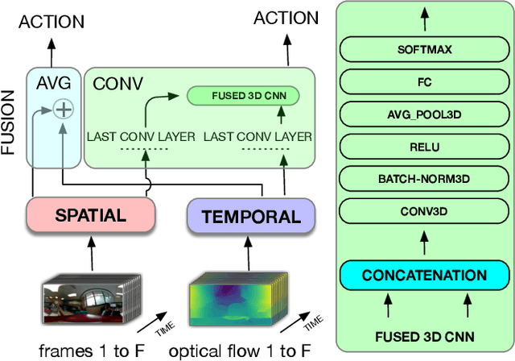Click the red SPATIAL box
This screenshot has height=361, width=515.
click(90, 215)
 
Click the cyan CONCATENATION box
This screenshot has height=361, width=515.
click(424, 275)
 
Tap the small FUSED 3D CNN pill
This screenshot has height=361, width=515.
click(242, 97)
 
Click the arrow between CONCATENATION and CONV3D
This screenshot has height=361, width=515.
click(424, 243)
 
